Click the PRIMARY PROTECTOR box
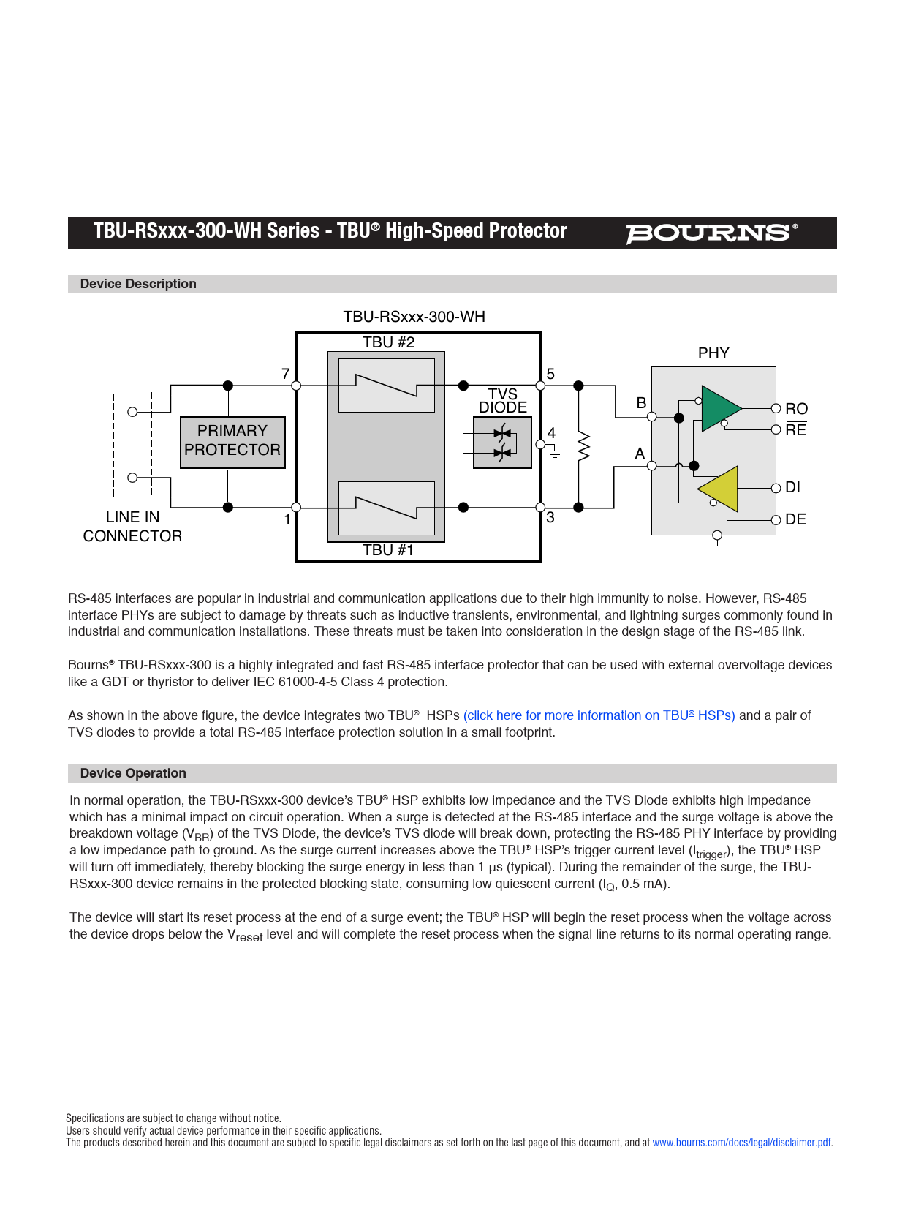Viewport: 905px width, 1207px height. click(x=232, y=441)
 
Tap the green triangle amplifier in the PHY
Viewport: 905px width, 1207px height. click(x=719, y=408)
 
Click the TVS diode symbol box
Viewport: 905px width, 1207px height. click(x=502, y=443)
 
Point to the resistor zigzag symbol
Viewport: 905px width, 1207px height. click(x=583, y=446)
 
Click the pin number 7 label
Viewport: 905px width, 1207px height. click(x=286, y=374)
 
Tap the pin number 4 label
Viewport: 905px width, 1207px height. click(x=551, y=433)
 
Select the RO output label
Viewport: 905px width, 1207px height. click(x=796, y=409)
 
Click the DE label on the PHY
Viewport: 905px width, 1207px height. click(x=795, y=519)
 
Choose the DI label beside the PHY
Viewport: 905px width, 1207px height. click(x=792, y=487)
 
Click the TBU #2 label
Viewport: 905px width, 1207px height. click(x=388, y=342)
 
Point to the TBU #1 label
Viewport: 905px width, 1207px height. click(x=388, y=550)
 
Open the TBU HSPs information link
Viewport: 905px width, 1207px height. click(x=599, y=715)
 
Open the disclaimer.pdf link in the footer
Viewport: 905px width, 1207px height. click(x=741, y=1143)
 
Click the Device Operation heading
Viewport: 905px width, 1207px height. click(x=133, y=773)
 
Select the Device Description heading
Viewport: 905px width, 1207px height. click(x=138, y=284)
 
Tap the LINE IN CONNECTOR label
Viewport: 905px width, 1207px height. click(x=132, y=527)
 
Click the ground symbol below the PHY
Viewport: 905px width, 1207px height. click(x=717, y=544)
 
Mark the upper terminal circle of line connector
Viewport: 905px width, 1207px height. click(x=132, y=412)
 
